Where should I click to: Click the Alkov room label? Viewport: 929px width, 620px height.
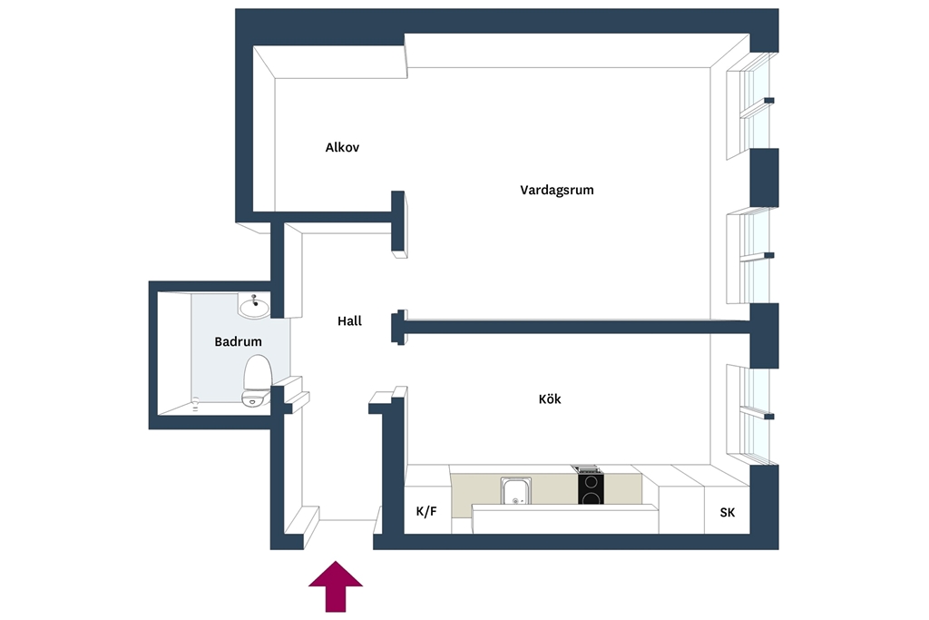tap(342, 147)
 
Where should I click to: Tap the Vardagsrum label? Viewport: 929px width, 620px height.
tap(556, 190)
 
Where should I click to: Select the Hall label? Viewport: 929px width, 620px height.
tap(349, 320)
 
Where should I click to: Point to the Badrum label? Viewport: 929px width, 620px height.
tap(238, 341)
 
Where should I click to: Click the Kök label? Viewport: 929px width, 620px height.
tap(550, 399)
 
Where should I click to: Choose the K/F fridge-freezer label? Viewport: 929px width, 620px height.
tap(426, 512)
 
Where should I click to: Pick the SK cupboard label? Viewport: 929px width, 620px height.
tap(727, 513)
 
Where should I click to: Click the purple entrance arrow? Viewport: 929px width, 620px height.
tap(336, 586)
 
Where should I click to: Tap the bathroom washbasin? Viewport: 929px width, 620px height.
tap(254, 307)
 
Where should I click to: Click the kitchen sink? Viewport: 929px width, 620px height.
tap(515, 491)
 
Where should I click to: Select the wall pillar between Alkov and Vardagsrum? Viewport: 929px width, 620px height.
tap(398, 221)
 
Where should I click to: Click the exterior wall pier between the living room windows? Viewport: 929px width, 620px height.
tap(764, 178)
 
